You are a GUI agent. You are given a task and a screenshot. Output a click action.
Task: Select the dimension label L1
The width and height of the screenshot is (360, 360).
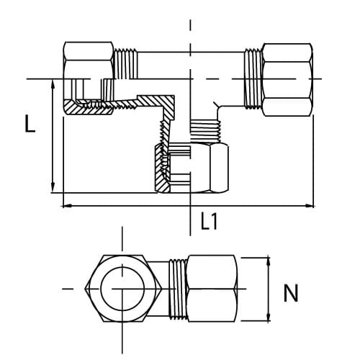click(x=209, y=221)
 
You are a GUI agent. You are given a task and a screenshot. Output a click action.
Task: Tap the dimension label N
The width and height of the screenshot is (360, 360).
click(x=291, y=294)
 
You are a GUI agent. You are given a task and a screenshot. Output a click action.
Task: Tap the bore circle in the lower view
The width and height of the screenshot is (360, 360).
click(x=122, y=289)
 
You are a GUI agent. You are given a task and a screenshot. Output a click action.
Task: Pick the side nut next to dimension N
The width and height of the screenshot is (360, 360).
click(x=210, y=289)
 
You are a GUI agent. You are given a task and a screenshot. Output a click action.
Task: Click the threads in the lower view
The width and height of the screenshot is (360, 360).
click(x=176, y=289)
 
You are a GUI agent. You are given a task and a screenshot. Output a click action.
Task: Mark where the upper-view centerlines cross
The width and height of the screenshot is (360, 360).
click(x=190, y=78)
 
